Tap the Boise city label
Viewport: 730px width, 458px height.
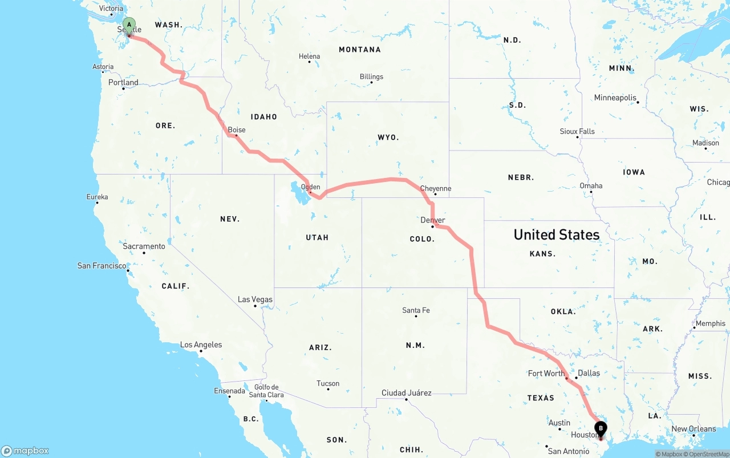pyautogui.click(x=237, y=130)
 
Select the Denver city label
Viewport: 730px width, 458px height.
pyautogui.click(x=433, y=220)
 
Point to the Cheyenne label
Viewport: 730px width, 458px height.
pyautogui.click(x=436, y=188)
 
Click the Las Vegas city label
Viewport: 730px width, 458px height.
pyautogui.click(x=255, y=299)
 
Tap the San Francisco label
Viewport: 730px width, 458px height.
pyautogui.click(x=102, y=266)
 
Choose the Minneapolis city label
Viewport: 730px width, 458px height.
pyautogui.click(x=615, y=98)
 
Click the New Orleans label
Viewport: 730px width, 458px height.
pyautogui.click(x=693, y=429)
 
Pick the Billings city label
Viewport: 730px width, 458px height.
pyautogui.click(x=371, y=77)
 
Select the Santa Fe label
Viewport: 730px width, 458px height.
pyautogui.click(x=416, y=310)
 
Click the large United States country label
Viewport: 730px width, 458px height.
pyautogui.click(x=556, y=234)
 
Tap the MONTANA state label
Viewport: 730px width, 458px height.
pyautogui.click(x=360, y=50)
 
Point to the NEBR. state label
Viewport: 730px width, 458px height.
pyautogui.click(x=521, y=177)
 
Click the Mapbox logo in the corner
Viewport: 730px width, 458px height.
pyautogui.click(x=26, y=451)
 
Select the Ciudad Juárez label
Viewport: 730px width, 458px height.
pyautogui.click(x=406, y=393)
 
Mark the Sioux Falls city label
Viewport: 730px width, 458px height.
pyautogui.click(x=577, y=131)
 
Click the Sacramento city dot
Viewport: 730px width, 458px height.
pyautogui.click(x=144, y=253)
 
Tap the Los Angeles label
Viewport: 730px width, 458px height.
pyautogui.click(x=201, y=344)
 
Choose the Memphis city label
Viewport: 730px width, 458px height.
pyautogui.click(x=711, y=323)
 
